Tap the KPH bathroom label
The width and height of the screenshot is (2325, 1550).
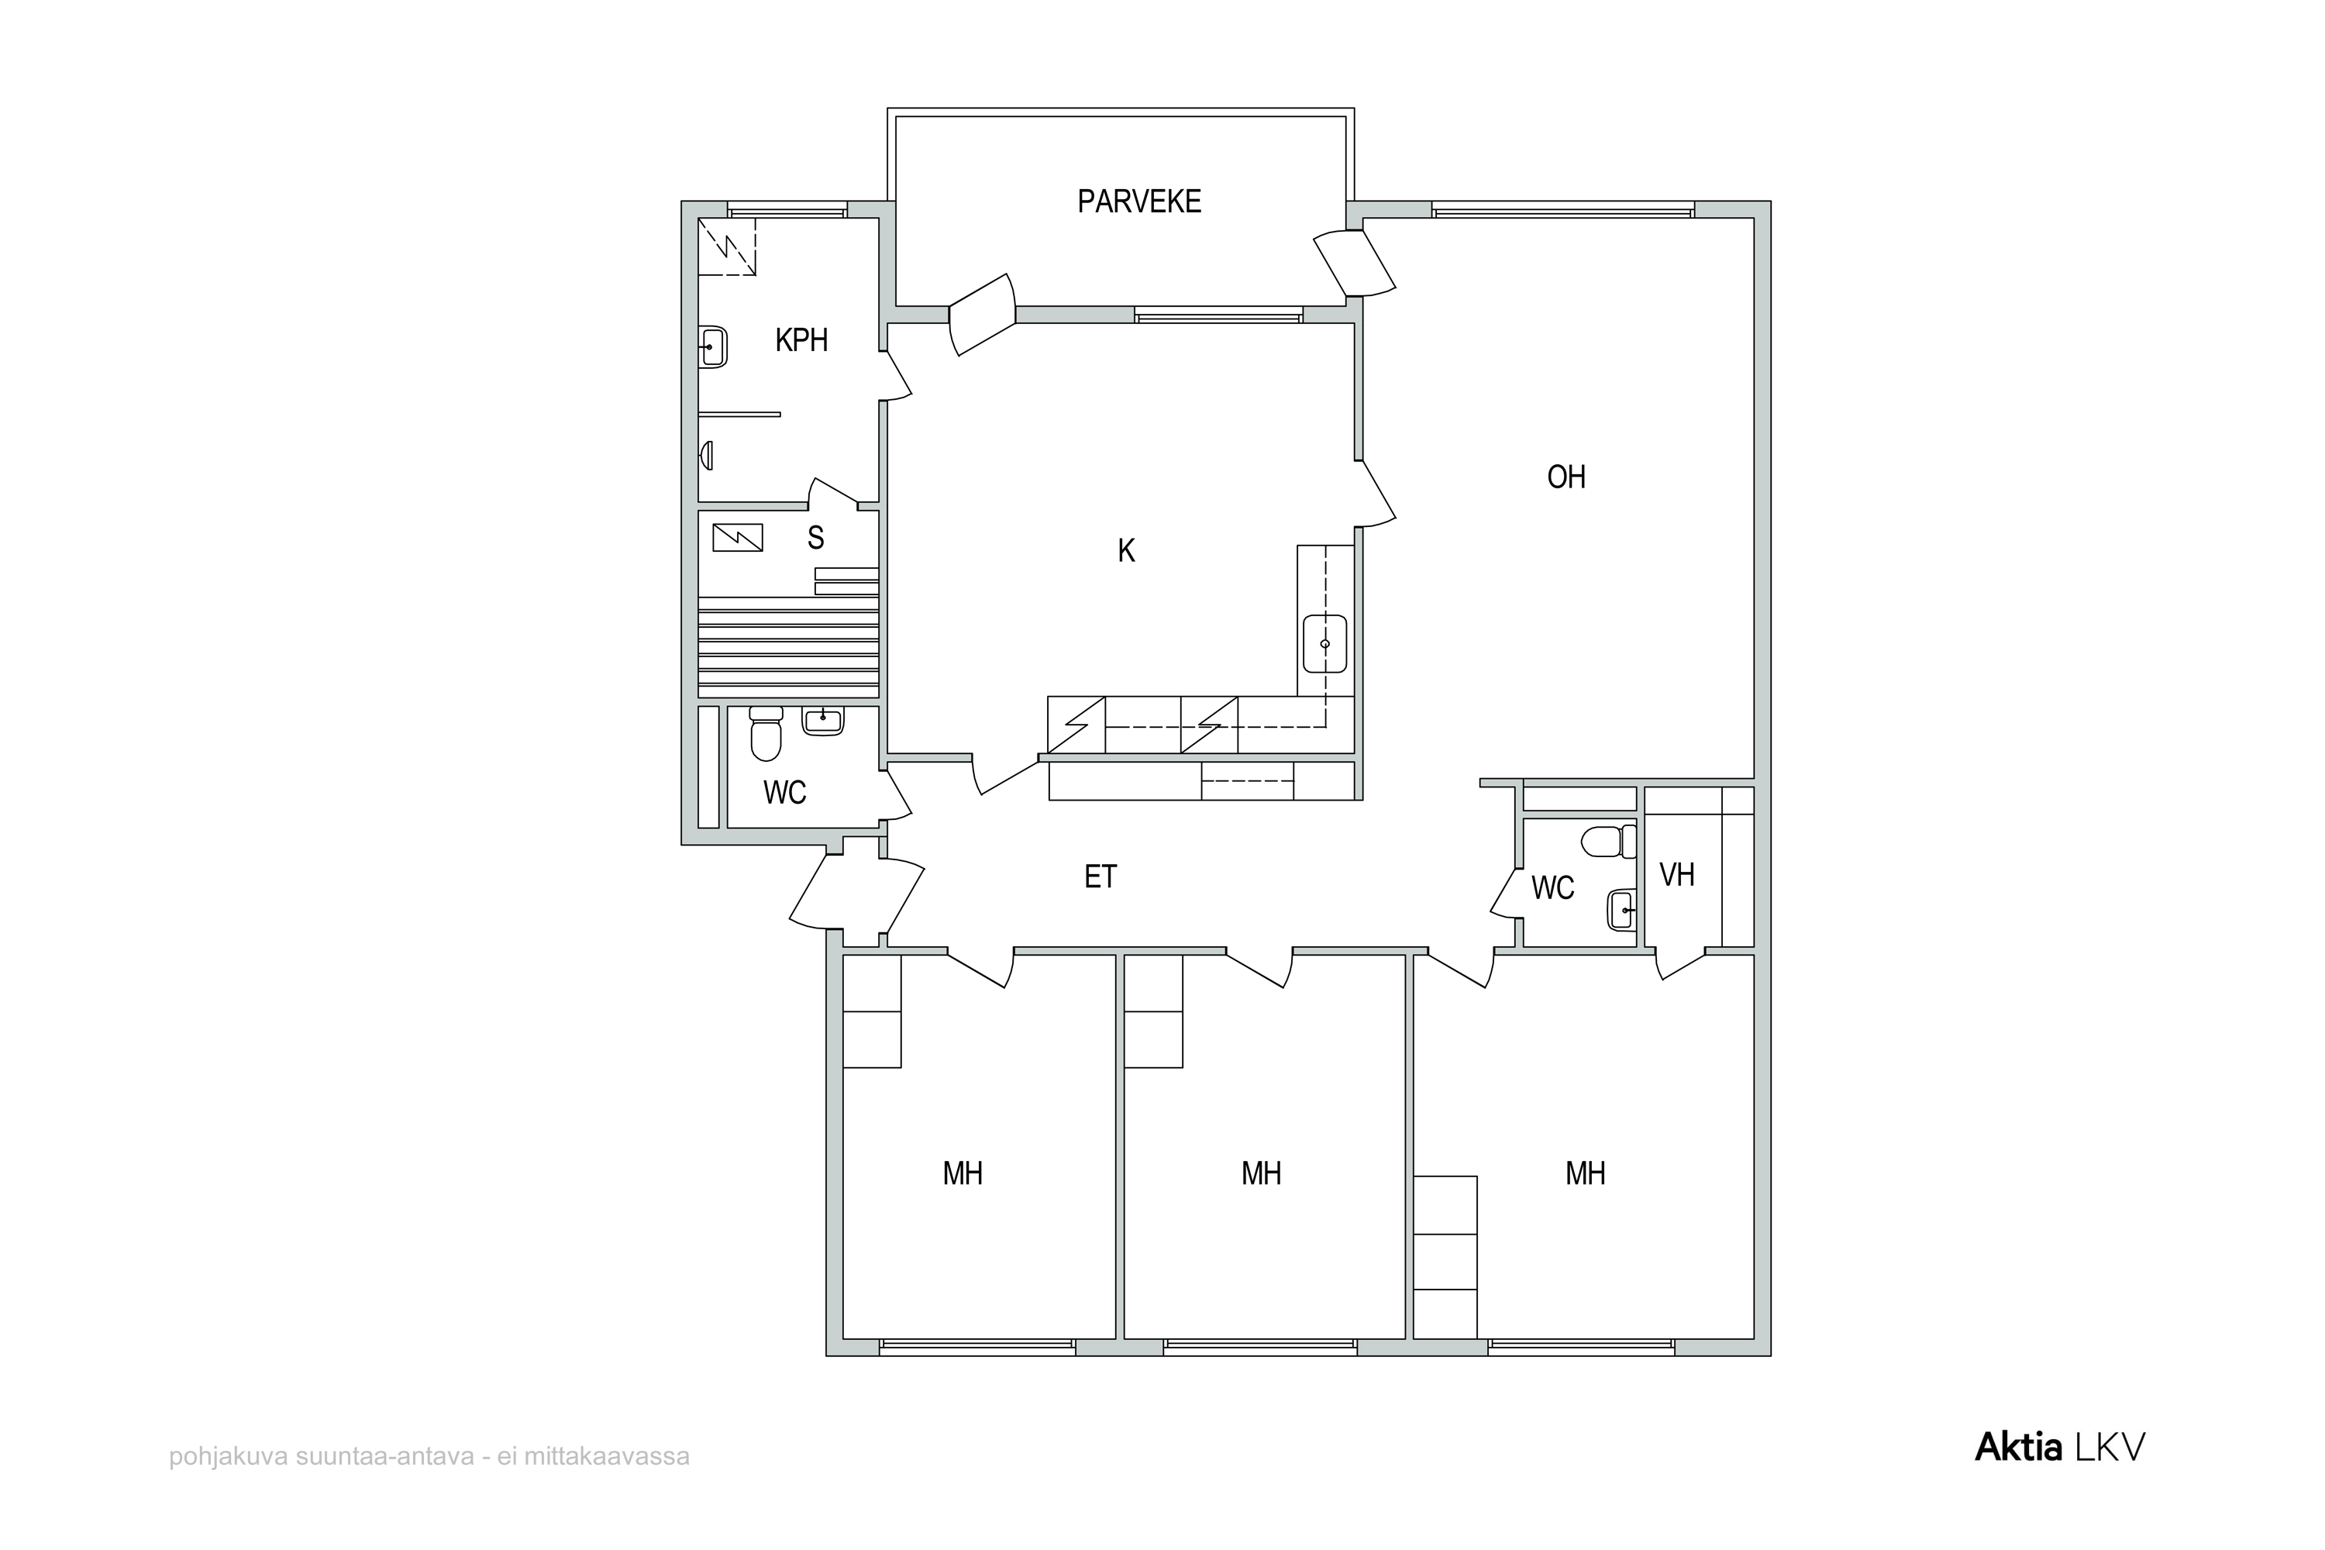click(801, 340)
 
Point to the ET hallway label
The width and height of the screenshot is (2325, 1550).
click(1100, 877)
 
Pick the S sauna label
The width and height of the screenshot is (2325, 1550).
click(815, 538)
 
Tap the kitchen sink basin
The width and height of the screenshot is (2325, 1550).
click(1324, 643)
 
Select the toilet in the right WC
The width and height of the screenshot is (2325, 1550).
click(1608, 841)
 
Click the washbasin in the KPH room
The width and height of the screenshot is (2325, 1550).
click(713, 347)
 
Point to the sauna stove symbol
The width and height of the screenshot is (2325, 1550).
click(738, 537)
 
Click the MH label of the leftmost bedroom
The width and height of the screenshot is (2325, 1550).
click(963, 1173)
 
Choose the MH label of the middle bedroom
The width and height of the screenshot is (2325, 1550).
click(1262, 1173)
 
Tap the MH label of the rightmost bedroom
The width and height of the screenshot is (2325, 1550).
click(1586, 1173)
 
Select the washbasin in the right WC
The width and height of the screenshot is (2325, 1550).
click(1622, 909)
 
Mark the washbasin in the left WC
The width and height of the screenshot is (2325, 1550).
click(822, 720)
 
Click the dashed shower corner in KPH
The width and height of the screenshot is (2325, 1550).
click(728, 246)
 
